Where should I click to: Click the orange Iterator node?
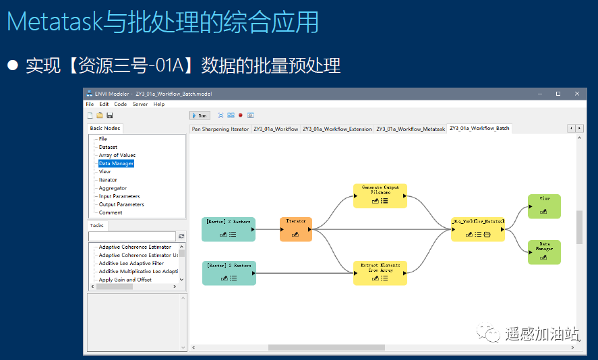(296, 229)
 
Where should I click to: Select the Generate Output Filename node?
(380, 196)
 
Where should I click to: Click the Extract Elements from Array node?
(380, 272)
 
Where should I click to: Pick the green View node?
(544, 206)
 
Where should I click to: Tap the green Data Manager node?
(544, 252)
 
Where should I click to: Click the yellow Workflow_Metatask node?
(478, 229)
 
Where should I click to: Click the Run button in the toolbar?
(200, 115)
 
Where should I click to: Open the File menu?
(90, 104)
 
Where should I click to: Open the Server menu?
(140, 104)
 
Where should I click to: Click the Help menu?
(159, 104)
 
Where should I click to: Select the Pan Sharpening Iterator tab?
(220, 129)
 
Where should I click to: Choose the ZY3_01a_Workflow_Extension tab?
(337, 129)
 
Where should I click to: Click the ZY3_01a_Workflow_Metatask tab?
(411, 129)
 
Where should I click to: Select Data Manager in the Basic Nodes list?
(116, 163)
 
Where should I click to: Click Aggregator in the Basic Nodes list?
(113, 188)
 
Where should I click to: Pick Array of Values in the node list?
(117, 155)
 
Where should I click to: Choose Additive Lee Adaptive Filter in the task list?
(131, 264)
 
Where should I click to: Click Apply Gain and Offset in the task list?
(125, 280)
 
